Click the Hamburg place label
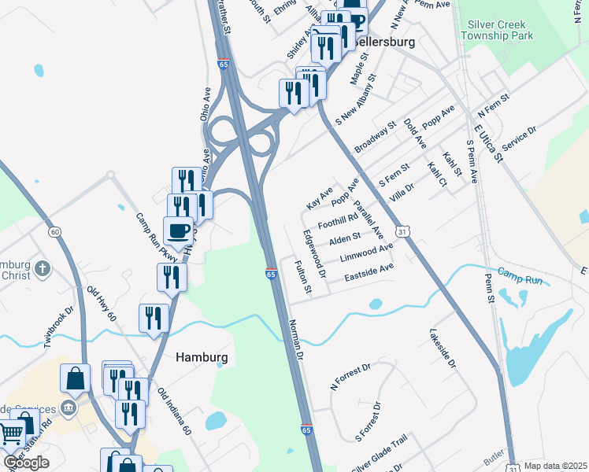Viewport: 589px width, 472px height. click(202, 357)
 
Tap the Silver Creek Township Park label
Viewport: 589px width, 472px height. click(508, 30)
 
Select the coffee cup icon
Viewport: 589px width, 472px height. click(179, 231)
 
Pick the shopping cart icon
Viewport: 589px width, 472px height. click(10, 433)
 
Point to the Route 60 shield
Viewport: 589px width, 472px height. click(54, 231)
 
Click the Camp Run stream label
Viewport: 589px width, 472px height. click(520, 278)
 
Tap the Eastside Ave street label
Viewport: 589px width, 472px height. click(369, 273)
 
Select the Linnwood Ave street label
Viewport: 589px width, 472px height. click(365, 253)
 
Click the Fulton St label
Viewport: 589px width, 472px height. click(303, 278)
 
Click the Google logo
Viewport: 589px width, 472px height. click(26, 463)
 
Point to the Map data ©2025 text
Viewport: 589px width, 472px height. click(555, 466)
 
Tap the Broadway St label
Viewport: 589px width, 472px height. click(375, 138)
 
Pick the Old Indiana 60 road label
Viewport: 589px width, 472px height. click(174, 412)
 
